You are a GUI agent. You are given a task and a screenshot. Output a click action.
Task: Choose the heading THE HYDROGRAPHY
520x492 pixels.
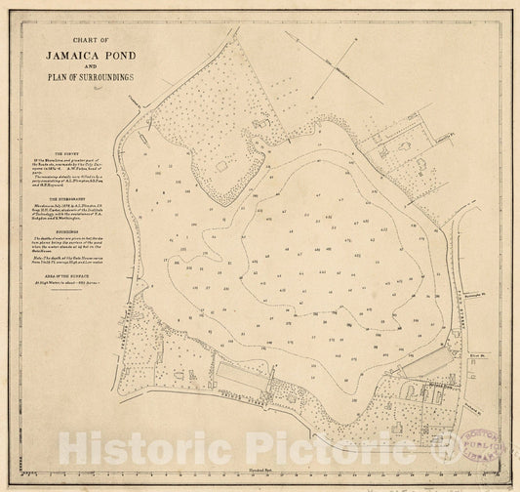[x=72, y=197]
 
